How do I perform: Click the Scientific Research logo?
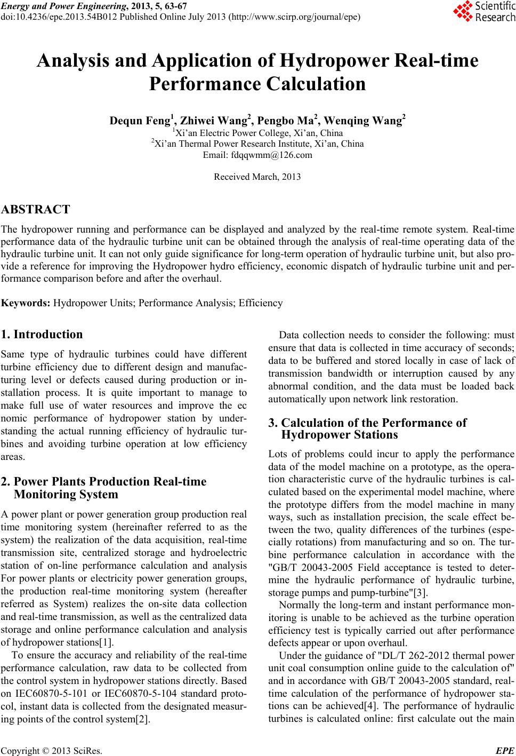[484, 12]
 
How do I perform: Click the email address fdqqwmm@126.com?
[257, 155]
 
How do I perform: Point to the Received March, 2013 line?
[257, 177]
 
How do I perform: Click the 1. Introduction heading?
[42, 335]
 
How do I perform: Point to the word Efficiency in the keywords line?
[261, 303]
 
